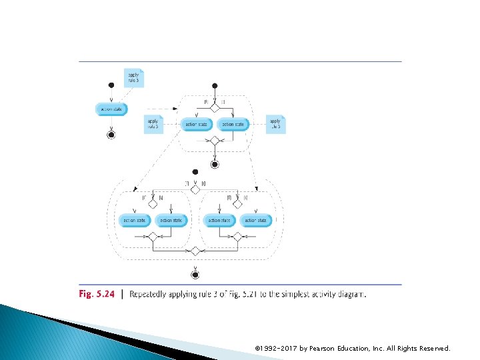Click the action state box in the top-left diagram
[111, 109]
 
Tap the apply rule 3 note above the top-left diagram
[133, 78]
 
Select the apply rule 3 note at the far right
[275, 124]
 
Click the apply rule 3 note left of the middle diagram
[153, 124]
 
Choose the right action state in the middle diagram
[233, 125]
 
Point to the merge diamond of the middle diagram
[215, 141]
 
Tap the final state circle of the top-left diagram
[111, 134]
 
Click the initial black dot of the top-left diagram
[111, 85]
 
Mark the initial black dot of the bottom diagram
[195, 172]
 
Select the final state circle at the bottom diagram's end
[195, 274]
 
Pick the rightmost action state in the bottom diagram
[256, 220]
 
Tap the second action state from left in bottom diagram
[171, 220]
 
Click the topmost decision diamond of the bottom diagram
[195, 189]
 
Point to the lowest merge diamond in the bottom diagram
[195, 251]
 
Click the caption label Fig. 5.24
[97, 293]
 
